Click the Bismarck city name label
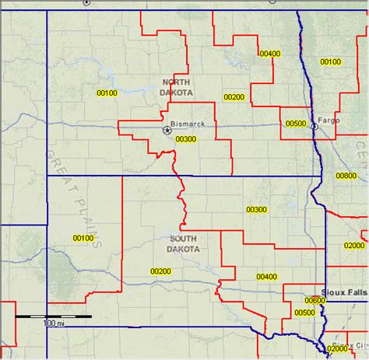coord(188,124)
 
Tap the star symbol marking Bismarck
coord(167,131)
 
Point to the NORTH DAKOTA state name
coord(177,86)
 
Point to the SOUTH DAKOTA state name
coord(183,243)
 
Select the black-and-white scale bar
coord(54,316)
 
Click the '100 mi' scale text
coord(53,323)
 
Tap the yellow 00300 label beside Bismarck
coord(186,139)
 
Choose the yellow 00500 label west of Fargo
coord(296,123)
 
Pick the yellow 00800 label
coord(346,176)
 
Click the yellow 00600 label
coord(315,300)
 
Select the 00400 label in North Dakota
coord(270,53)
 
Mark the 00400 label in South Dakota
coord(266,276)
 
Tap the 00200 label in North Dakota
coord(234,97)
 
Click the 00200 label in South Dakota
coord(160,271)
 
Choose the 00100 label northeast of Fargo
coord(331,61)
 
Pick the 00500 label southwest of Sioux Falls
coord(305,313)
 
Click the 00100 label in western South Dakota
coord(83,238)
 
